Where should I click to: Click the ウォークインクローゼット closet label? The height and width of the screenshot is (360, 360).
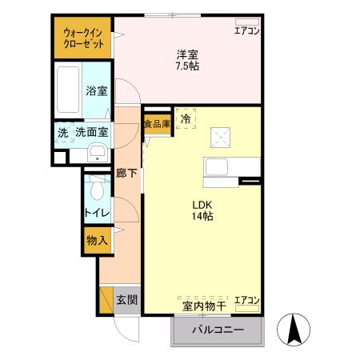[x=83, y=38]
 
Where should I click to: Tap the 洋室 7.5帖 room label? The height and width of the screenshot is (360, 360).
[x=189, y=60]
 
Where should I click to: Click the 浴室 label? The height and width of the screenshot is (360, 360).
[x=97, y=92]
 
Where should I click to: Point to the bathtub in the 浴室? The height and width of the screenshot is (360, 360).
[x=70, y=92]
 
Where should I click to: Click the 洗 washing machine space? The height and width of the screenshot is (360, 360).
[x=62, y=132]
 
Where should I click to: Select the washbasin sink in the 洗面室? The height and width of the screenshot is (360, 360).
[x=98, y=152]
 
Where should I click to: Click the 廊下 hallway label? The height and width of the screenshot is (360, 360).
[x=126, y=172]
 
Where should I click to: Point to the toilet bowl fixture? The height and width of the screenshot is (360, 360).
[x=96, y=189]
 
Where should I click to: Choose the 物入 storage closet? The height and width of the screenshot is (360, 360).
[x=97, y=240]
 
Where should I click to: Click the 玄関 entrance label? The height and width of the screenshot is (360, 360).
[x=126, y=300]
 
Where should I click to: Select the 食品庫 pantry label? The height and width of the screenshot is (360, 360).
[x=157, y=123]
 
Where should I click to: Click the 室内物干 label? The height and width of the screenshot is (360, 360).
[x=203, y=304]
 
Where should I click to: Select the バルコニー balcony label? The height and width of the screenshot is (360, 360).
[x=216, y=330]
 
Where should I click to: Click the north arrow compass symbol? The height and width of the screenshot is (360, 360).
[x=293, y=328]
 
